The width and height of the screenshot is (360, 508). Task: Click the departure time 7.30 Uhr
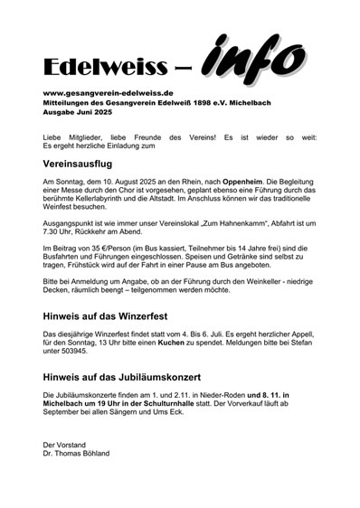tap(61, 227)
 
